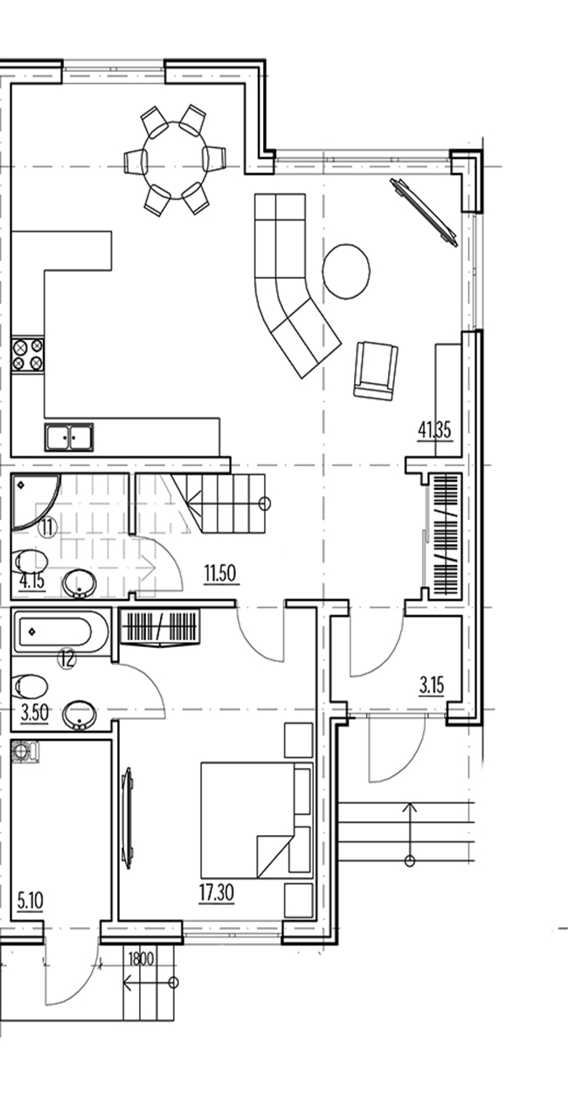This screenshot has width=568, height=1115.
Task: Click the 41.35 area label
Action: coord(434,430)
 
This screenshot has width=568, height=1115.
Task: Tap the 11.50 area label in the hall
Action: coord(220,574)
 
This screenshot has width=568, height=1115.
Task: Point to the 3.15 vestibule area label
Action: coord(432,686)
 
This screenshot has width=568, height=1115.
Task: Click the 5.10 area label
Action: coord(31,901)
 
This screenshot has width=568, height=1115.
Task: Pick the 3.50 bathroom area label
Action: coord(35,713)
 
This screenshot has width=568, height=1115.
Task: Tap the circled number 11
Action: coord(48,526)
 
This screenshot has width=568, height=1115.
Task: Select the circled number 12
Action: coord(67,659)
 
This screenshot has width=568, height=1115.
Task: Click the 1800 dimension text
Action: coord(142,958)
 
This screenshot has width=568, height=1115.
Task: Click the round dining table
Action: coord(175,160)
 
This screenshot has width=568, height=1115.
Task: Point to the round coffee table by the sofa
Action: coord(346,271)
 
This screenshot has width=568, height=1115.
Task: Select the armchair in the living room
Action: coord(376,369)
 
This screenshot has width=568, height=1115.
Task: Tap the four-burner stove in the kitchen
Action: coord(28,354)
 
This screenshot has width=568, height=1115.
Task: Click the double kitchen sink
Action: coord(69,437)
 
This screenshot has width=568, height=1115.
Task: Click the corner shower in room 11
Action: coord(35,499)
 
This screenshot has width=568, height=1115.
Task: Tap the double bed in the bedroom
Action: coord(257,819)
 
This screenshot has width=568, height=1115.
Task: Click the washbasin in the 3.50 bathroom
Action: coord(80,714)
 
